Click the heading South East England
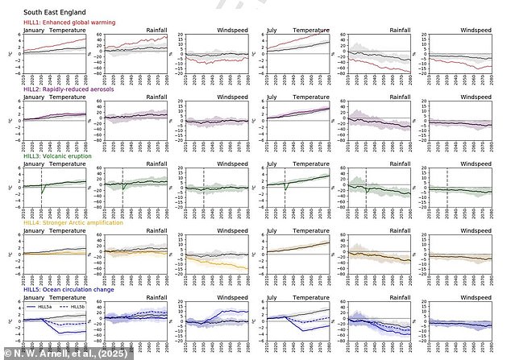point(53,13)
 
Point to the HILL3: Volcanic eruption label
point(57,157)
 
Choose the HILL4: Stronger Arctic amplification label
point(73,223)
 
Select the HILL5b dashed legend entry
point(73,308)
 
